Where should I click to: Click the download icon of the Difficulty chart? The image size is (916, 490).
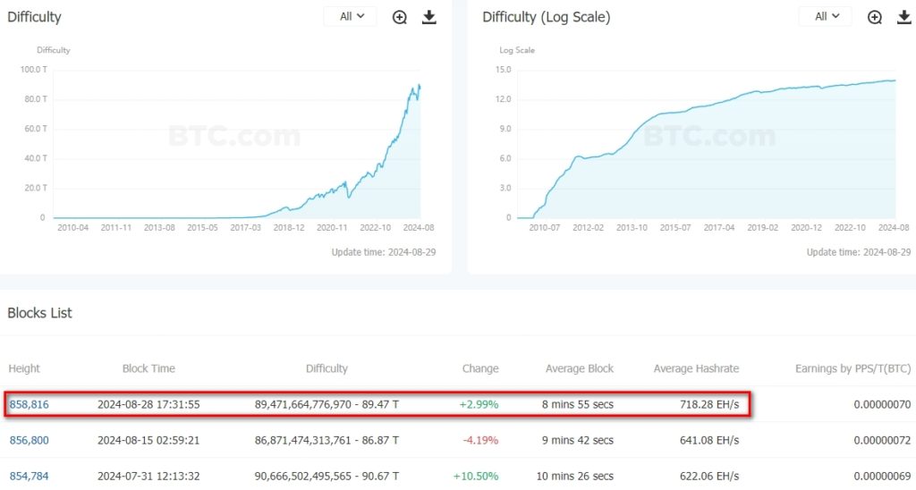click(429, 17)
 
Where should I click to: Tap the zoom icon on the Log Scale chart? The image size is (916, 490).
click(875, 17)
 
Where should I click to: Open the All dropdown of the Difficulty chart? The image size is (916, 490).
click(351, 16)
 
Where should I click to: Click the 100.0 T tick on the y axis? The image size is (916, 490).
click(33, 69)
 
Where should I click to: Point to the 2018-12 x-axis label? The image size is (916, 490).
click(289, 228)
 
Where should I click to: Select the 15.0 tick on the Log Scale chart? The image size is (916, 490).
click(503, 69)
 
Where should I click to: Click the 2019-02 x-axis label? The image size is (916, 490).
click(763, 228)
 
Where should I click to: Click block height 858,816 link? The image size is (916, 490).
click(29, 404)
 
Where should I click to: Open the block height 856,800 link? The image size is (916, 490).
click(29, 440)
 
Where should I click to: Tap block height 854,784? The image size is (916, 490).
click(29, 476)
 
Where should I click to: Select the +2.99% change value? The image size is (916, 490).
click(479, 404)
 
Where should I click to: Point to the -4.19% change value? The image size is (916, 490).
click(479, 440)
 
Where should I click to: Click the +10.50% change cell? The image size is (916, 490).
click(477, 476)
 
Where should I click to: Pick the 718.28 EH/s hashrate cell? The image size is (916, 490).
click(711, 404)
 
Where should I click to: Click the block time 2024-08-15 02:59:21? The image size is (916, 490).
click(148, 440)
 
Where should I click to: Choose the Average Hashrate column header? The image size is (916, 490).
click(696, 368)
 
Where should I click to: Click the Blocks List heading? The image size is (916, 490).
click(40, 313)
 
